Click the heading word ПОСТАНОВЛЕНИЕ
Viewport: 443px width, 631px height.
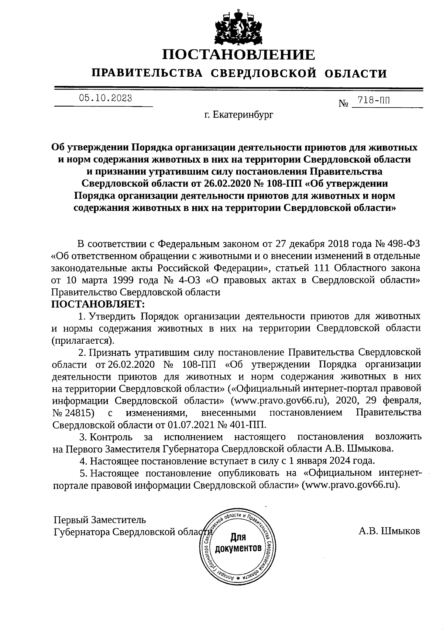point(239,55)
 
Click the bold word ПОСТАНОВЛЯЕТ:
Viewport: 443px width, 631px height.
point(98,305)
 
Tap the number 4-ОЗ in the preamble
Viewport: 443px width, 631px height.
point(189,280)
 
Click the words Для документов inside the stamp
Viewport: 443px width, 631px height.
point(239,542)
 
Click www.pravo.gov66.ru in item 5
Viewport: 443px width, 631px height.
point(350,485)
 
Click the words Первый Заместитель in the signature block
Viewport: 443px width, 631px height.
point(100,520)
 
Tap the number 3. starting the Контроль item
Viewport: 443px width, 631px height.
point(83,437)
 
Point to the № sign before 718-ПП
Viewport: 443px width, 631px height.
point(343,104)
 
